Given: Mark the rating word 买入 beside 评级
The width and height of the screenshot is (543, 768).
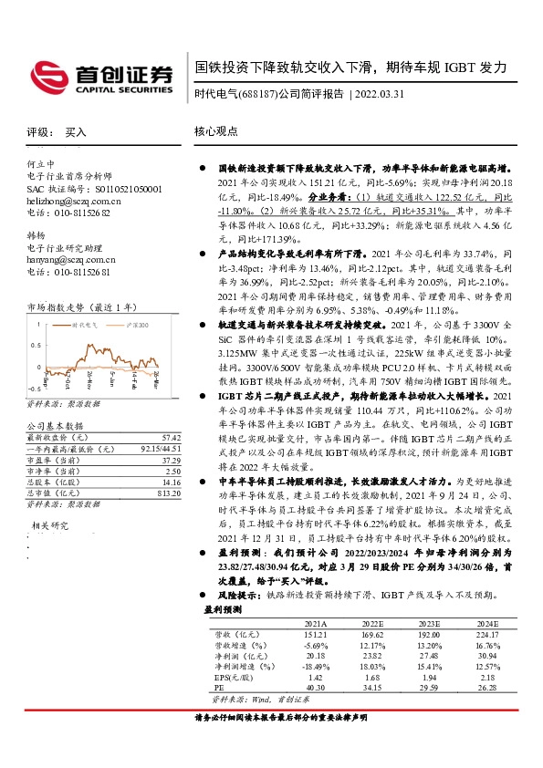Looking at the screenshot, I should (x=76, y=132).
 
